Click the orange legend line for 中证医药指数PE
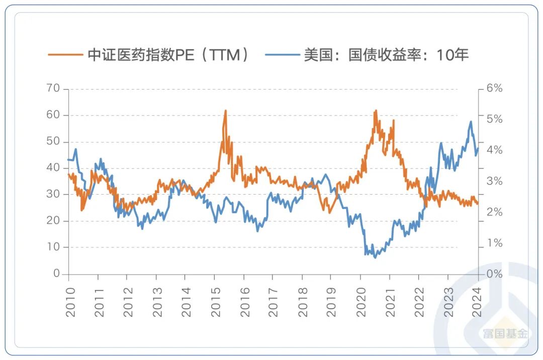(x=65, y=55)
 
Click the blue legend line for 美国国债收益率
(x=282, y=55)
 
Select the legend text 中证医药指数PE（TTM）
(x=168, y=55)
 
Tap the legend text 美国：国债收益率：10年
(x=386, y=55)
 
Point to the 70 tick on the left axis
(x=54, y=89)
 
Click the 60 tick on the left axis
(x=54, y=115)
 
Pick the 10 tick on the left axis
(x=54, y=247)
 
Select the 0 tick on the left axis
(x=57, y=274)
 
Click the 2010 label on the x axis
(x=70, y=301)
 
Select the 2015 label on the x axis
(x=216, y=301)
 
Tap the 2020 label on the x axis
(x=361, y=301)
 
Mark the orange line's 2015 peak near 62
(x=225, y=111)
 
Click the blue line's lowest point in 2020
(x=375, y=257)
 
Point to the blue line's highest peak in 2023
(x=471, y=122)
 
